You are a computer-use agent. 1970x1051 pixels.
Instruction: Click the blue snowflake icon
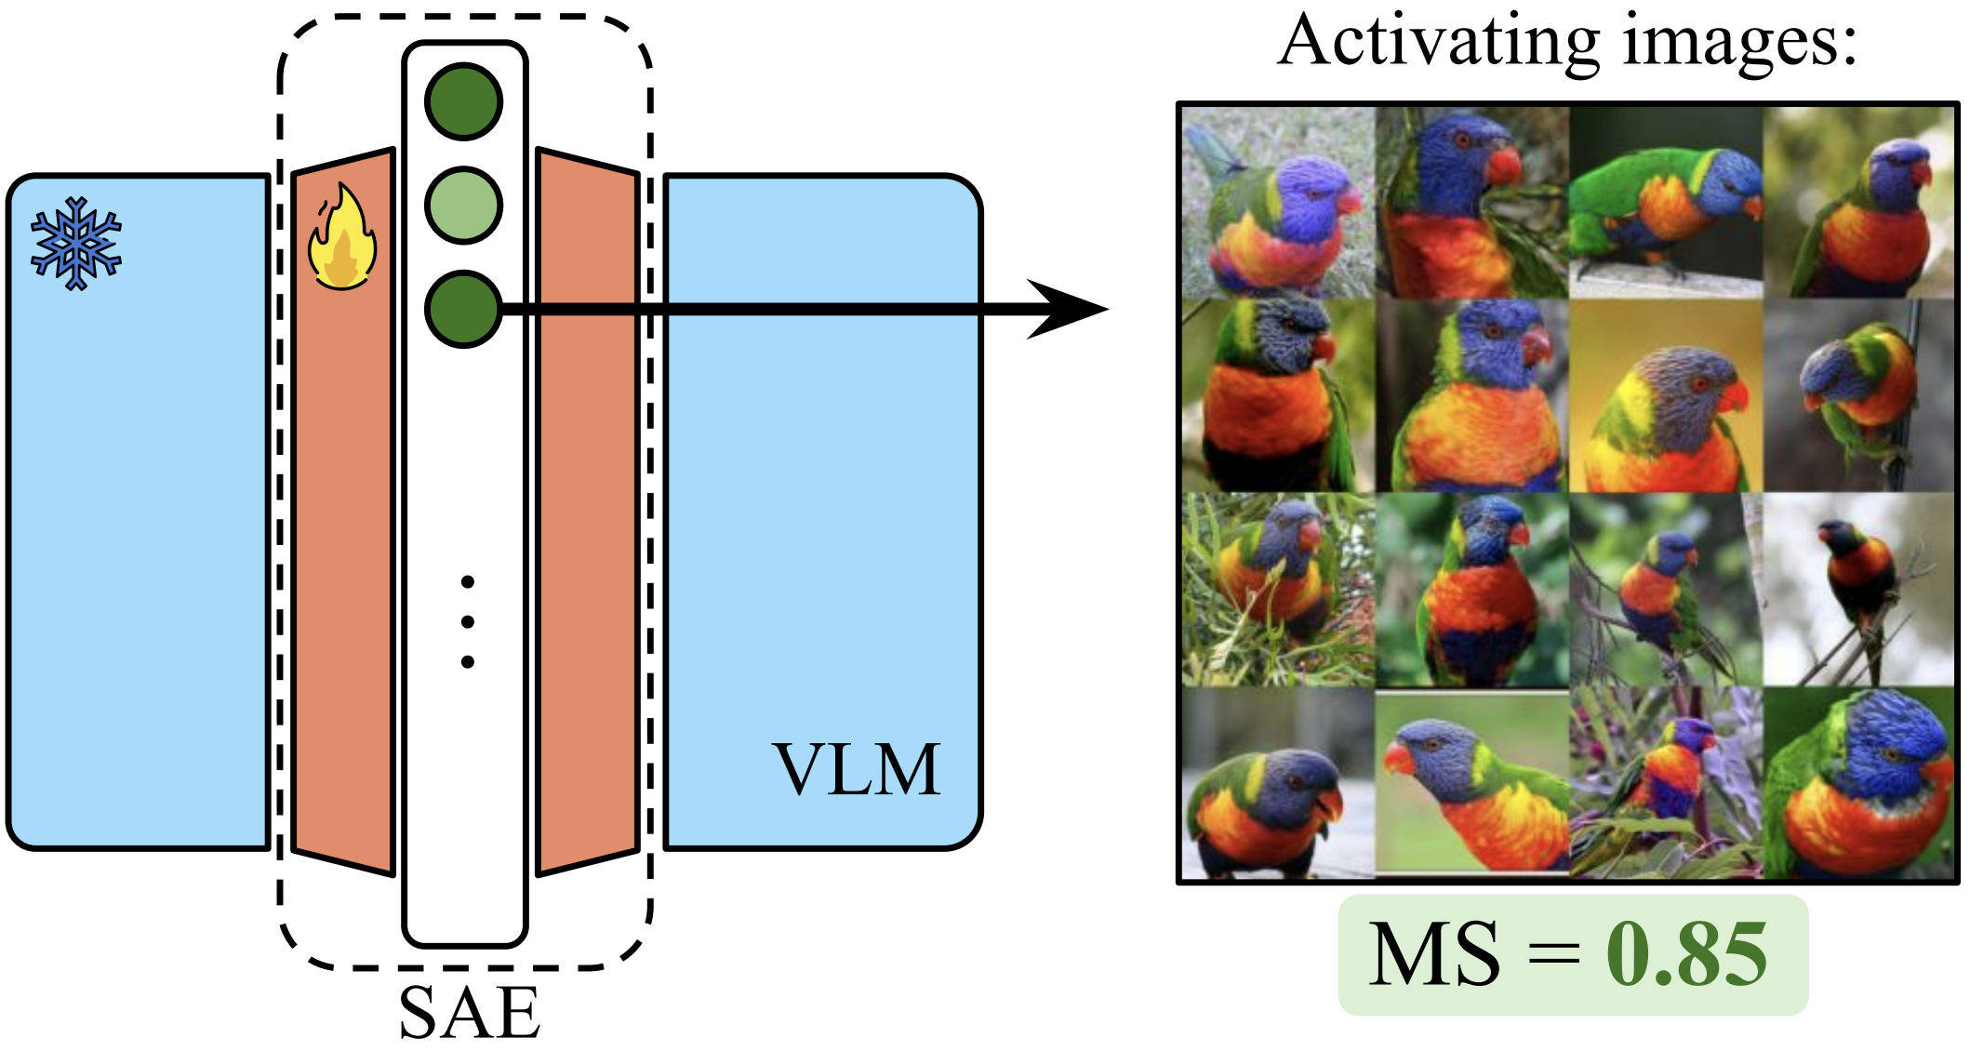[76, 244]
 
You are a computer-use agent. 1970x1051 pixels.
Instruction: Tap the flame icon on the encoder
[342, 237]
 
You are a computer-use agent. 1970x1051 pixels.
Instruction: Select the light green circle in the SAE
[463, 206]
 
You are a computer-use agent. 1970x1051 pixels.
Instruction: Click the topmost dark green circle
[463, 101]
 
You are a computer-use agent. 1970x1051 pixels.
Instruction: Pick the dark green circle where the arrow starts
[463, 309]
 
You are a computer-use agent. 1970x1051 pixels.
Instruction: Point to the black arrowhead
[1070, 309]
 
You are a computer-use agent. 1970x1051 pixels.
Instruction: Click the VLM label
[857, 770]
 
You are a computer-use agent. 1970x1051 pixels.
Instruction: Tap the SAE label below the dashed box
[470, 1012]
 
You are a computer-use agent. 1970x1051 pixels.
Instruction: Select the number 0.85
[1686, 954]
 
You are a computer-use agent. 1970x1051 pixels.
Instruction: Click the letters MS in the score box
[1433, 954]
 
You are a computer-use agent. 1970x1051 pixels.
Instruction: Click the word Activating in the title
[1438, 43]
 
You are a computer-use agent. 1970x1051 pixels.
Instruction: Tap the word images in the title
[1739, 43]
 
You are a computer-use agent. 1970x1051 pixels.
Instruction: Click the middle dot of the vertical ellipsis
[467, 621]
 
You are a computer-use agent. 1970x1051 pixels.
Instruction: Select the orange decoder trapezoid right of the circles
[587, 512]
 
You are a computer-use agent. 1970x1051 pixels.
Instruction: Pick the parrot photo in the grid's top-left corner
[1278, 201]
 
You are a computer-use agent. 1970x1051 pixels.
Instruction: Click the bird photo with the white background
[1858, 589]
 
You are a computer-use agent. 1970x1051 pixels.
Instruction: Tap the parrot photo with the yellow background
[1665, 395]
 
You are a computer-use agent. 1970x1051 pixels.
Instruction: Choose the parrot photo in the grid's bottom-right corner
[1858, 783]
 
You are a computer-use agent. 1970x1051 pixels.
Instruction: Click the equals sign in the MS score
[1553, 954]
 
